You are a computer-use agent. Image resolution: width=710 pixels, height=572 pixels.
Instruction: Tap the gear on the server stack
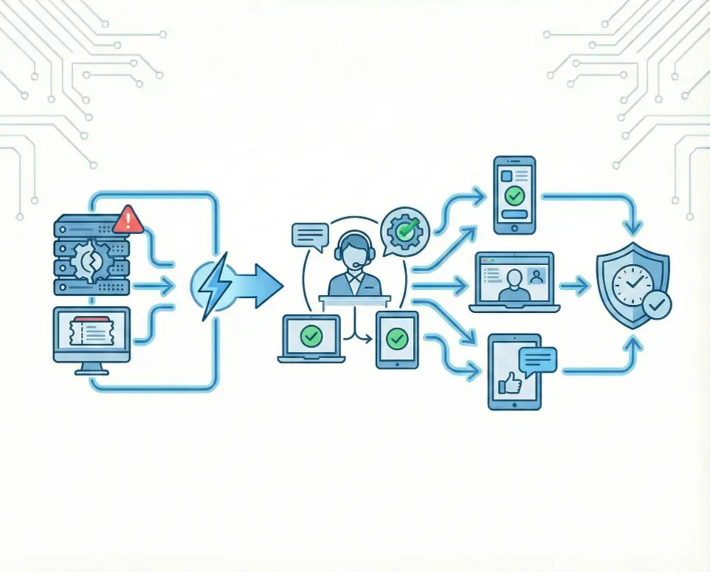click(91, 261)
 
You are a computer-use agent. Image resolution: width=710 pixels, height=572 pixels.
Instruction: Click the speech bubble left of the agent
click(310, 235)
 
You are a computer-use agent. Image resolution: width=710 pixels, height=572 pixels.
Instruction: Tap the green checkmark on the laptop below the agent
click(311, 337)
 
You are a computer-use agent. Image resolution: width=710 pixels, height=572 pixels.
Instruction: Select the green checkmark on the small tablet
click(397, 339)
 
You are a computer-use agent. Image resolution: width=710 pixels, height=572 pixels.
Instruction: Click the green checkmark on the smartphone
click(514, 196)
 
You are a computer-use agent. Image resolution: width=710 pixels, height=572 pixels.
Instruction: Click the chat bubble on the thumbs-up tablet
click(537, 361)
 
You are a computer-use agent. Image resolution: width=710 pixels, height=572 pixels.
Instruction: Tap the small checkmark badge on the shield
click(656, 304)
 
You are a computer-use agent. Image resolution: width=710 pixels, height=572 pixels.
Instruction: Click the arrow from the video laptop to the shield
click(576, 284)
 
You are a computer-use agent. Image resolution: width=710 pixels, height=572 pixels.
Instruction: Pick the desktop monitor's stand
click(91, 368)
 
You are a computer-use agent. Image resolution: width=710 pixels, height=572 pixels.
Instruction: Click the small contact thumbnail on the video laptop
click(537, 275)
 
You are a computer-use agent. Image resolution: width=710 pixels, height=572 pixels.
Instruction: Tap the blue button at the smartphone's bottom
click(514, 214)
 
